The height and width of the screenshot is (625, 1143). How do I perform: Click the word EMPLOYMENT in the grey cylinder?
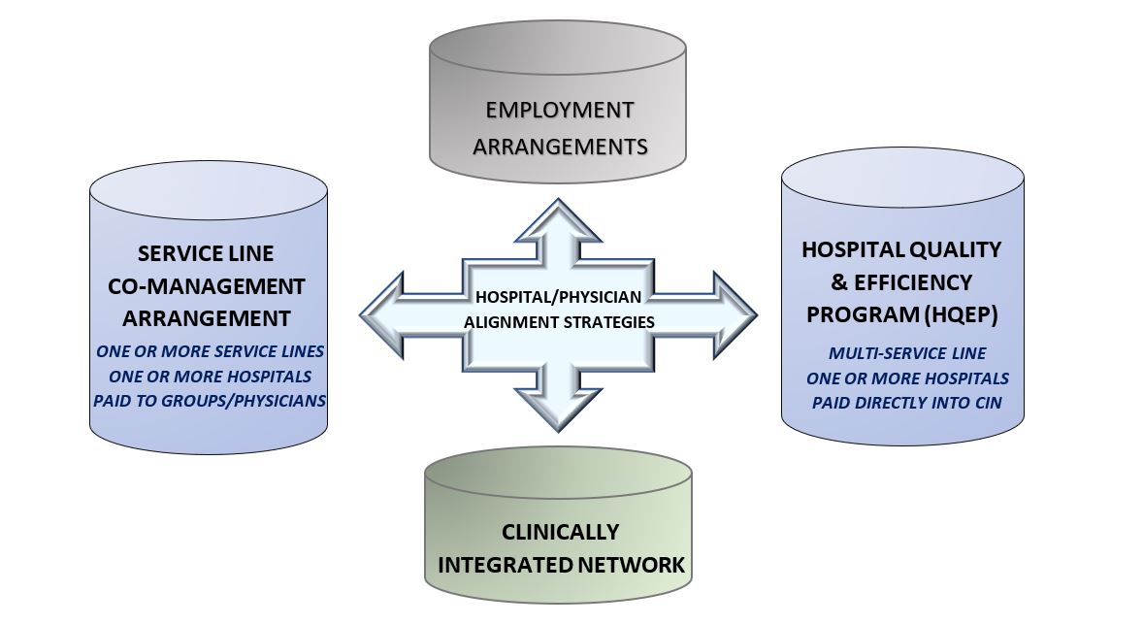click(x=560, y=110)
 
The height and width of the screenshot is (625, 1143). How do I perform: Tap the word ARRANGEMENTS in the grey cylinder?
click(x=560, y=147)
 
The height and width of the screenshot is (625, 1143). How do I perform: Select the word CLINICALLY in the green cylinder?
click(x=561, y=532)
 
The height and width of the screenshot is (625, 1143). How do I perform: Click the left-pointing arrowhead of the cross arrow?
click(x=382, y=315)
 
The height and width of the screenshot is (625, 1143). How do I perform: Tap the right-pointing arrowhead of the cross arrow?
click(x=735, y=315)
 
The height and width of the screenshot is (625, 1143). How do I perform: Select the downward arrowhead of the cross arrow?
click(x=558, y=410)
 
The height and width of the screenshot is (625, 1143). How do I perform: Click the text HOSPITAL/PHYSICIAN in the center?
click(x=558, y=297)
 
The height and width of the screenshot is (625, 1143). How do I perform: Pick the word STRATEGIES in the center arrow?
click(x=614, y=321)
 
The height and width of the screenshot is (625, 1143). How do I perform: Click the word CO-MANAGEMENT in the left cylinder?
click(x=207, y=286)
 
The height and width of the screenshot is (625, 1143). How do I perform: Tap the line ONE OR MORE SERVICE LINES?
click(x=210, y=351)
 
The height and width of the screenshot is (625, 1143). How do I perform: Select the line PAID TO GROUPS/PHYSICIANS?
click(x=210, y=401)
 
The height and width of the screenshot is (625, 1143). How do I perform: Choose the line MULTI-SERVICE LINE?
click(x=907, y=353)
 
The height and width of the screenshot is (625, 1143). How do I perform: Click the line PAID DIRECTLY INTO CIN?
click(x=907, y=403)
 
